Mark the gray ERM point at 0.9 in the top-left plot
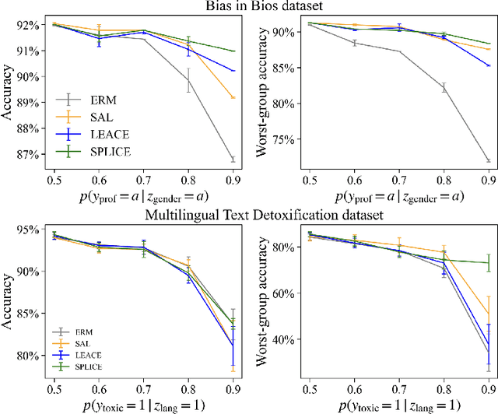[234, 160]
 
